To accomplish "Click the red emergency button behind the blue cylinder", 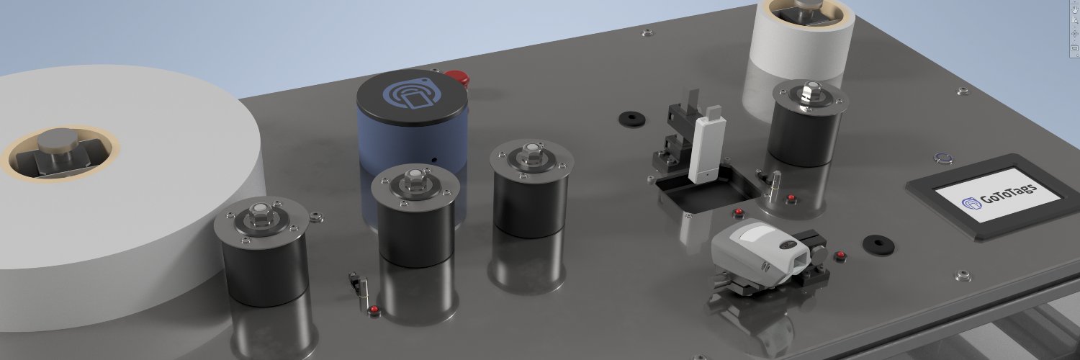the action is coord(456,78).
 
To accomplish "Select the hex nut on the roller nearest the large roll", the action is coord(261,215).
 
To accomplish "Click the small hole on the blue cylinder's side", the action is coord(434,160).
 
